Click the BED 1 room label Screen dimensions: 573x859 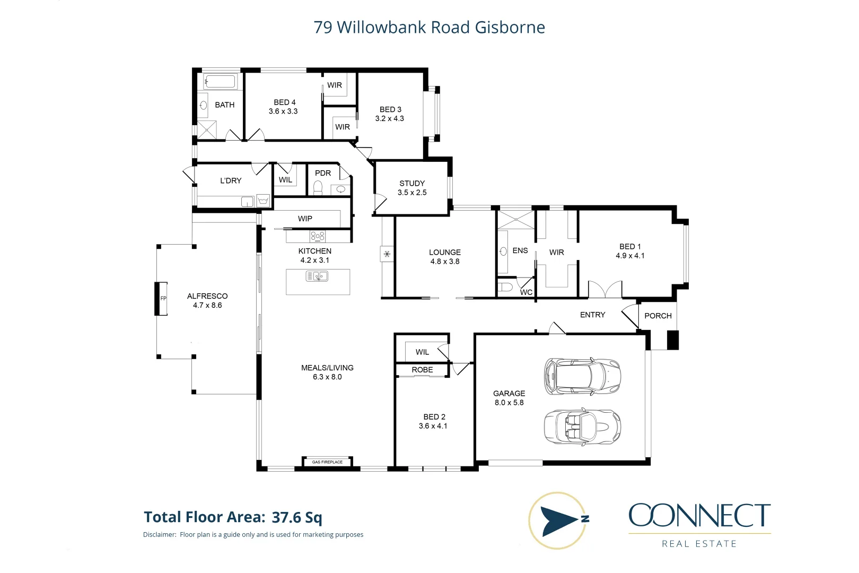[x=630, y=247]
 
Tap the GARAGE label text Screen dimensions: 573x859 [x=509, y=394]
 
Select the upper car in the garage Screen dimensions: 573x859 [x=582, y=376]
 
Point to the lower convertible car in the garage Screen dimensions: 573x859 [x=582, y=427]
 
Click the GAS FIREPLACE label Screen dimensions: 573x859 [x=327, y=462]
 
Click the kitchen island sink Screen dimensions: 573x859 [x=317, y=276]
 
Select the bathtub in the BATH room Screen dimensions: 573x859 [x=221, y=82]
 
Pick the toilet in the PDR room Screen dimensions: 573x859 [x=318, y=188]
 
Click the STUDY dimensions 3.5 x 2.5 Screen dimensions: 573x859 [x=412, y=193]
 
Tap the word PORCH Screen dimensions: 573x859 [x=658, y=316]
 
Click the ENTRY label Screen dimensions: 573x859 [x=592, y=315]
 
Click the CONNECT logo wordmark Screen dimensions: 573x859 [x=699, y=516]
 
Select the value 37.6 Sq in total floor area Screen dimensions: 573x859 [x=297, y=517]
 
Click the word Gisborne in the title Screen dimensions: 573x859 [x=510, y=28]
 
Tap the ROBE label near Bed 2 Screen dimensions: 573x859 [x=422, y=370]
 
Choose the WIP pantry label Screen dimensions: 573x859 [x=305, y=219]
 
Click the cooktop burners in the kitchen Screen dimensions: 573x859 [x=317, y=236]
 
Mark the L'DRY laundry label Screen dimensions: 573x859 [x=231, y=181]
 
